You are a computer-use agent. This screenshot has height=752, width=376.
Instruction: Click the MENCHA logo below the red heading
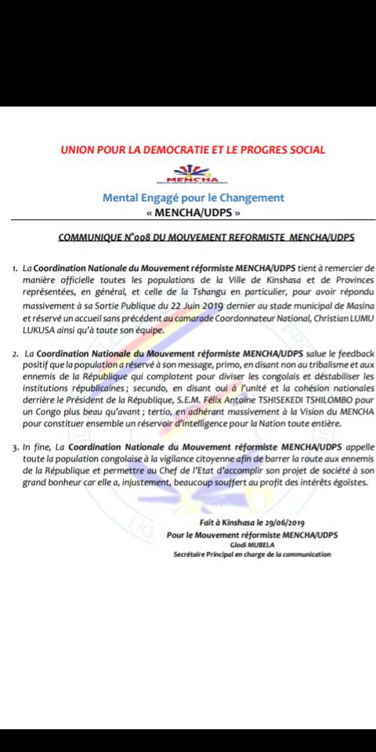pyautogui.click(x=193, y=172)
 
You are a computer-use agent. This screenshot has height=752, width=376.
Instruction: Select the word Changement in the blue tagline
pyautogui.click(x=248, y=198)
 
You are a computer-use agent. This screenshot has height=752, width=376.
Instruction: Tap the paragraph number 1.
pyautogui.click(x=14, y=268)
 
